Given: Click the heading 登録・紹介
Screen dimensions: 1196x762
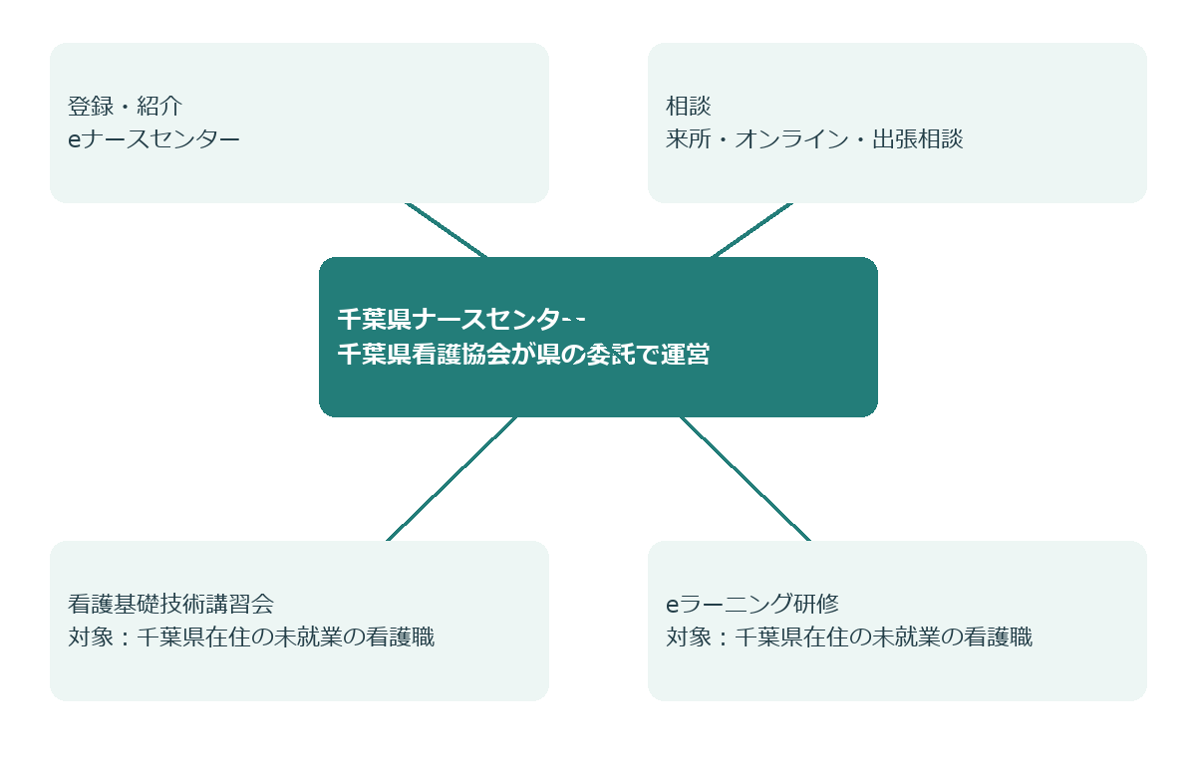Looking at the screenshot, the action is click(125, 107).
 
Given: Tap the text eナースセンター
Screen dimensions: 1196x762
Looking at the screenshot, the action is click(153, 139).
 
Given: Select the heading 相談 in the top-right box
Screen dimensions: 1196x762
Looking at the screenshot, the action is click(689, 107).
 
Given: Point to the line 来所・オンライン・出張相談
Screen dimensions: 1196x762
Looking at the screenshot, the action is click(814, 139).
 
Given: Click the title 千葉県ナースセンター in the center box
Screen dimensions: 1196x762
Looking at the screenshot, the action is click(461, 319).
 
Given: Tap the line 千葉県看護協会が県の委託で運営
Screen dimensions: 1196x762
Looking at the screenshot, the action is click(523, 354).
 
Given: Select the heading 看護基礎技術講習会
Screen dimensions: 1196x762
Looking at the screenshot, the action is click(170, 604).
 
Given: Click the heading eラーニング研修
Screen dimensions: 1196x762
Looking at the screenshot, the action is click(752, 604).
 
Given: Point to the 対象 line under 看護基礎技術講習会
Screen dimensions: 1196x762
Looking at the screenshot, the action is click(251, 637).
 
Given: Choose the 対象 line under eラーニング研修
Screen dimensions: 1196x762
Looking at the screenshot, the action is click(849, 637).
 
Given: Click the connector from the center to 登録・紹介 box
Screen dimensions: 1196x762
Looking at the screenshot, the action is click(447, 230).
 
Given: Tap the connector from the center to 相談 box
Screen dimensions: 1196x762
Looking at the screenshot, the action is click(751, 230).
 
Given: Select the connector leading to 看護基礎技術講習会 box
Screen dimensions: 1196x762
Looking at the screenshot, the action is click(451, 479).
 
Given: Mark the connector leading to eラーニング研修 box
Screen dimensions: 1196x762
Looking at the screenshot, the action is click(746, 479).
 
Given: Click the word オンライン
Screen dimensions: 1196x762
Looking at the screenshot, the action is click(791, 139).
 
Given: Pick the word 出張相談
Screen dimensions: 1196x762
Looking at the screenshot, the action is click(918, 139).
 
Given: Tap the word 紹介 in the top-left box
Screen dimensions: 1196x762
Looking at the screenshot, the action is click(159, 107).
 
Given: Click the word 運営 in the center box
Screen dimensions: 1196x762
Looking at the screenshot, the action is click(686, 354).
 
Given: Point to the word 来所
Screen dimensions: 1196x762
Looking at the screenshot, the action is click(689, 139).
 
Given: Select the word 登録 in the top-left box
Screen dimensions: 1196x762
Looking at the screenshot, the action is click(91, 107).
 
